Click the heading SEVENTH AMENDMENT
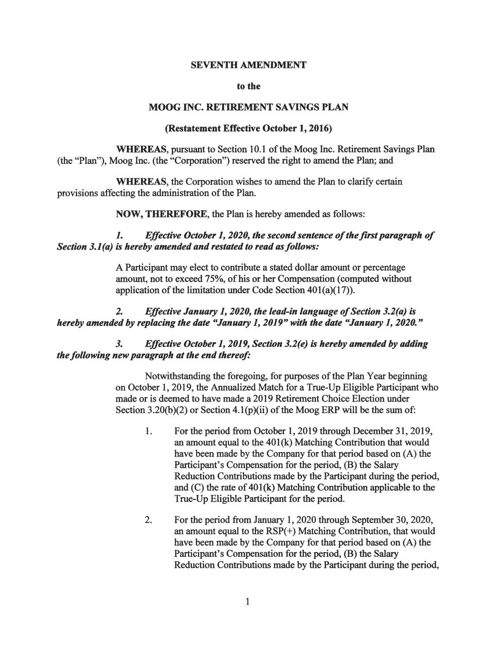point(248,65)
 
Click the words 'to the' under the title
point(248,86)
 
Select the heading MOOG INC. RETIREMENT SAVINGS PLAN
point(248,107)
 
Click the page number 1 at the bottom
point(247,602)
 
